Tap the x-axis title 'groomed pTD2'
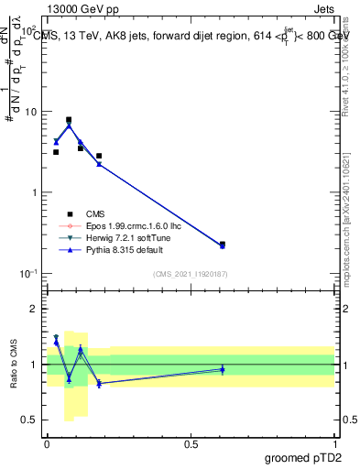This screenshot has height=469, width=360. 303,457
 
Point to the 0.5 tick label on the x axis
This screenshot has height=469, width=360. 191,443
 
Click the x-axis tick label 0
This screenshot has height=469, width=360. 47,443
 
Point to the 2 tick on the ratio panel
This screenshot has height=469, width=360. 33,309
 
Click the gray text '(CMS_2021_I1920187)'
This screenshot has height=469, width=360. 190,274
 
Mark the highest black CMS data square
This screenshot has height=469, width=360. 69,120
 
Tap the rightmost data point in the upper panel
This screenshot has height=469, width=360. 223,245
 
